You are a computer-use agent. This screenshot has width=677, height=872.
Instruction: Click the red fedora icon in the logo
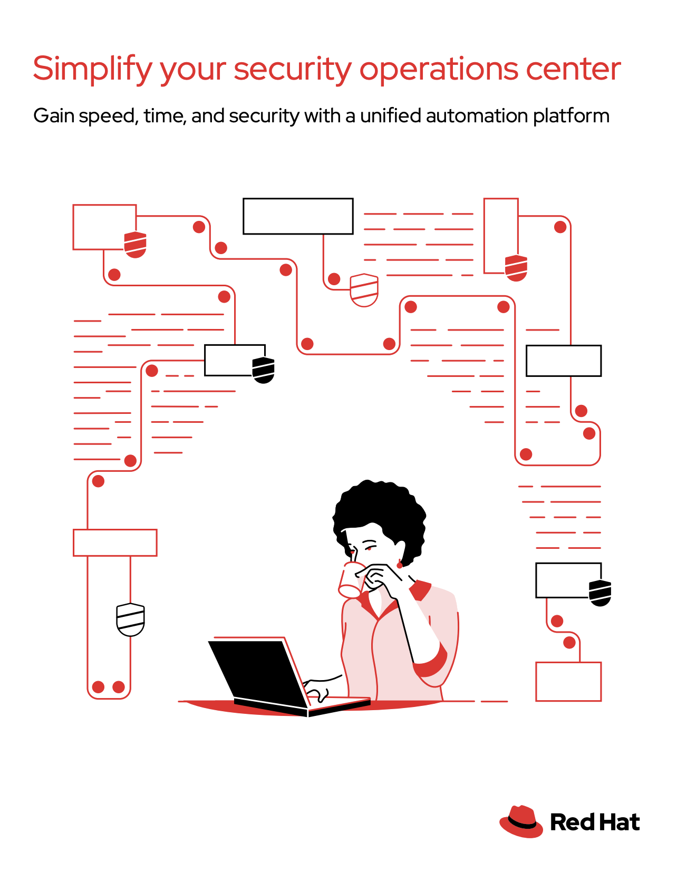coord(521,821)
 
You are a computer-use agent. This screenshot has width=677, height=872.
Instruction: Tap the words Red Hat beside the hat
coord(595,822)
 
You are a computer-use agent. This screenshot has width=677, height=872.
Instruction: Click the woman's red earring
coord(399,565)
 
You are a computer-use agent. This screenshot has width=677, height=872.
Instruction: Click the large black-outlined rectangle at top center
coord(298,216)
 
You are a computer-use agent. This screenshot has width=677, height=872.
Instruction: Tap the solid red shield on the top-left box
coord(135,244)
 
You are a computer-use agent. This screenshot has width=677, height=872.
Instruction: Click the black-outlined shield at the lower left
coord(130,619)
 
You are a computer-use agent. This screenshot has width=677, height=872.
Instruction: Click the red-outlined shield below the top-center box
coord(364,289)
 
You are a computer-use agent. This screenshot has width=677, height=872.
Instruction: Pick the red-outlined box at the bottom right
coord(568,681)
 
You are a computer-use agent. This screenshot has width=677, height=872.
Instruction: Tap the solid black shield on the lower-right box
coord(600,593)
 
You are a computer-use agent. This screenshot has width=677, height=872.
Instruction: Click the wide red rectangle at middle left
coord(115,542)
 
